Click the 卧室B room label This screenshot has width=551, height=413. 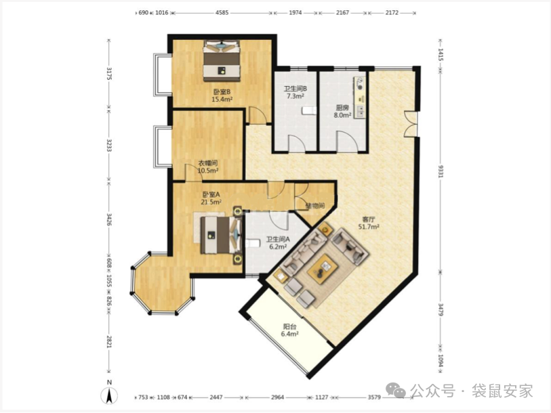(222, 92)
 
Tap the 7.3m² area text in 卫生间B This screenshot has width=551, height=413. (295, 96)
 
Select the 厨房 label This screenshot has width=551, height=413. (342, 108)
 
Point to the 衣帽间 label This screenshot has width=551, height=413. (208, 163)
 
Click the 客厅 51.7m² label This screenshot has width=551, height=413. (369, 223)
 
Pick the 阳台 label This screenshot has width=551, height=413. (289, 326)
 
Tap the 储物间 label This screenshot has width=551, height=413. (315, 206)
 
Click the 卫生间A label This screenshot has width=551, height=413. (278, 240)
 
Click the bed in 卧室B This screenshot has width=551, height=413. (222, 61)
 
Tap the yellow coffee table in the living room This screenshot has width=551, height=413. (323, 268)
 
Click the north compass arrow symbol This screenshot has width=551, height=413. (110, 396)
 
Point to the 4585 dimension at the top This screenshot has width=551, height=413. (222, 13)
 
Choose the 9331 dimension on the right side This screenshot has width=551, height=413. (441, 171)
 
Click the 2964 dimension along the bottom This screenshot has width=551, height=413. (277, 397)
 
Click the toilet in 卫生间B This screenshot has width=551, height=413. (308, 111)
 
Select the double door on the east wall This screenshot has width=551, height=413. (411, 123)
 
